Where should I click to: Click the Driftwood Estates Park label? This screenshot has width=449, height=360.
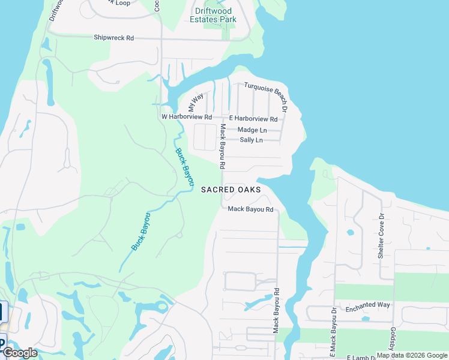[x=213, y=15]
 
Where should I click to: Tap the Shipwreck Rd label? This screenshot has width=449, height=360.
[x=113, y=38]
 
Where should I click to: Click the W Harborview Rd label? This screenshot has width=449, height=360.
[x=187, y=117]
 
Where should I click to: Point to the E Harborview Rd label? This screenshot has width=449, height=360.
[x=253, y=119]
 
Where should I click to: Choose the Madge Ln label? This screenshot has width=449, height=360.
[x=252, y=130]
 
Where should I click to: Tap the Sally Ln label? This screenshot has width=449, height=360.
[x=251, y=140]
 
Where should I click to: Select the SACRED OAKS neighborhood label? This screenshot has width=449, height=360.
[x=231, y=190]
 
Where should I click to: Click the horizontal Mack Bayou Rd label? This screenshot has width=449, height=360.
[x=250, y=209]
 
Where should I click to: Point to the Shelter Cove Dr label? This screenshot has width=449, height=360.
[x=381, y=236]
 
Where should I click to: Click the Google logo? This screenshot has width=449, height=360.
[x=20, y=353]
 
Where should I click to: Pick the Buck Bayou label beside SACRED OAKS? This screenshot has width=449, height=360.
[x=185, y=166]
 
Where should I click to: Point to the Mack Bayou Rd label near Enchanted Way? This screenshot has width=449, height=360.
[x=277, y=311]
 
